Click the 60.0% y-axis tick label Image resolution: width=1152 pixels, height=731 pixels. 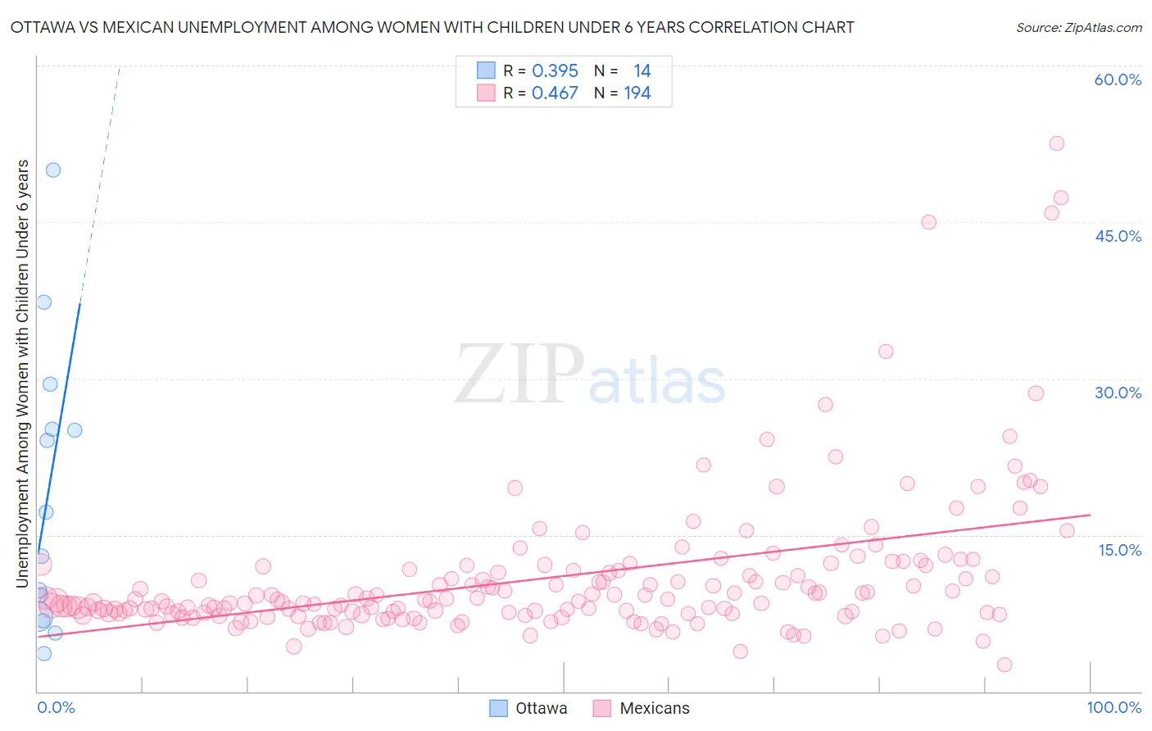[1118, 79]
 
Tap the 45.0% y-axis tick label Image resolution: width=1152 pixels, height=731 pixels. [1118, 236]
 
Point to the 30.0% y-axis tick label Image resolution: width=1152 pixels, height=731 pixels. [1118, 393]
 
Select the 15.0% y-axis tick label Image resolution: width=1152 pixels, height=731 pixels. [1119, 550]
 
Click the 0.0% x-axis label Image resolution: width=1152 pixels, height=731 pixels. [56, 707]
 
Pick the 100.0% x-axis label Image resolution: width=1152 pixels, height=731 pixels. [1113, 707]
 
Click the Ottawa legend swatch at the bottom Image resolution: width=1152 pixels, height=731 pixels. [498, 708]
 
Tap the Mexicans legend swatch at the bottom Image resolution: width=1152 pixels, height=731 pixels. [602, 708]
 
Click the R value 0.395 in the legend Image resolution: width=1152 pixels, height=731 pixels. [555, 71]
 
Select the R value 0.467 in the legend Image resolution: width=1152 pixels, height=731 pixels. [555, 93]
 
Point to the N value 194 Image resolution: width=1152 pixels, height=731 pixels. [637, 93]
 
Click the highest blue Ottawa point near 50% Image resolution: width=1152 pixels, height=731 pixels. [53, 170]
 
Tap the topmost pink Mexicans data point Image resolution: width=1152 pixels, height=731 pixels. [1057, 143]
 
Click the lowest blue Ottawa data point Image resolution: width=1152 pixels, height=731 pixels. [44, 653]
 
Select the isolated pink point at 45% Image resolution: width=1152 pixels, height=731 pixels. [928, 222]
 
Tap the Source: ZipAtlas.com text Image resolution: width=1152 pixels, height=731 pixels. [1078, 28]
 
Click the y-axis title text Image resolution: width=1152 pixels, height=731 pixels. [23, 373]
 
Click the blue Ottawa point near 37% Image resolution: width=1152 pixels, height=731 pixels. [44, 302]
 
